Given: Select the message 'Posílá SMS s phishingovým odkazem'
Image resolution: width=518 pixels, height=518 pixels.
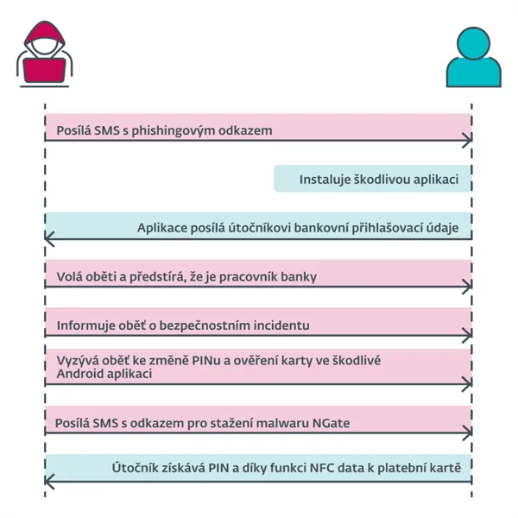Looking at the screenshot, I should pos(164,131).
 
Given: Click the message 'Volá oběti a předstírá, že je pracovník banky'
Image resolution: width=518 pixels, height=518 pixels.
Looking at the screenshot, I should pos(186,277).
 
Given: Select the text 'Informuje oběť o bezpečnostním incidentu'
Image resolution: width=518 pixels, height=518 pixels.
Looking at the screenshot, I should pos(183,325).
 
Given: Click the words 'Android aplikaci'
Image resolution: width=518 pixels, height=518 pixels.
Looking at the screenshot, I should pos(104,375).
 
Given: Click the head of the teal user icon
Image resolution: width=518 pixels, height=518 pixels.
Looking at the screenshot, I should pos(472,43).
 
